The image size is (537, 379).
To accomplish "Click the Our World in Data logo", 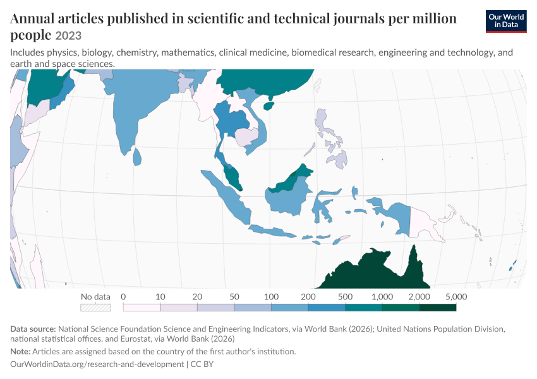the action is click(506, 21).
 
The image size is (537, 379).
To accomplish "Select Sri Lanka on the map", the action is click(137, 157).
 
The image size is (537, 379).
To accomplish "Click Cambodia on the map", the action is click(246, 136).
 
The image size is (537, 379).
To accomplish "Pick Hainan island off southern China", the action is click(269, 105).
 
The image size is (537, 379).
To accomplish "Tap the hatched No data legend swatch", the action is click(95, 308).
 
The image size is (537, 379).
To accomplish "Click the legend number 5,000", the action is click(456, 296).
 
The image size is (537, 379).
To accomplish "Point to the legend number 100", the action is click(271, 296).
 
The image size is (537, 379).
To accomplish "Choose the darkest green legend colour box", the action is click(438, 308).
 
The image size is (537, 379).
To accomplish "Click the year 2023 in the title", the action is click(68, 35).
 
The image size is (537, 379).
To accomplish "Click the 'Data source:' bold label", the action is click(33, 329).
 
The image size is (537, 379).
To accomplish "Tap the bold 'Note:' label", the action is click(20, 352).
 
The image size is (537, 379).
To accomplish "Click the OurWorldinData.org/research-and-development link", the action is click(97, 364).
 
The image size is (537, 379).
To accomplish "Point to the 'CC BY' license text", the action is click(202, 364).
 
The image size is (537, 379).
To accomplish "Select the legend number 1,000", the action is click(382, 296).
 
